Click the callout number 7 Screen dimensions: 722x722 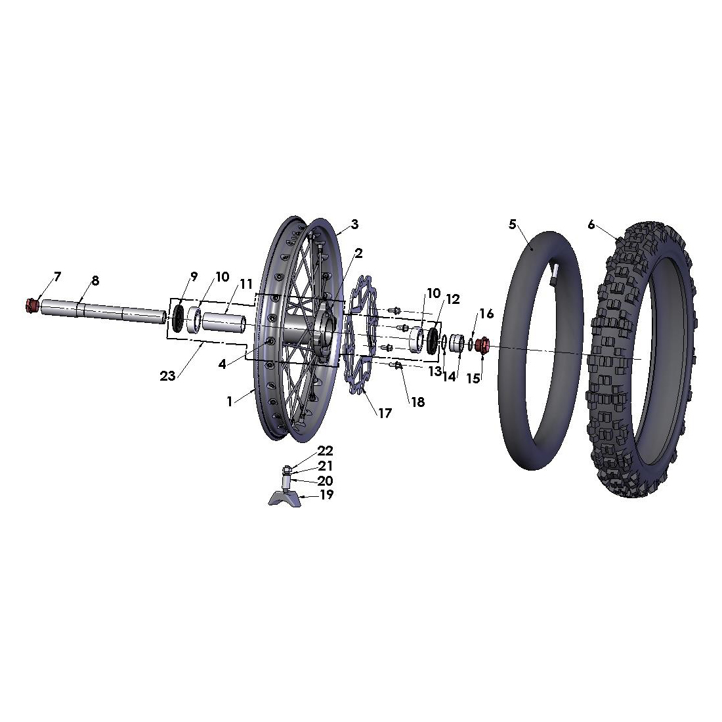pos(57,277)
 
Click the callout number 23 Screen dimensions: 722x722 pos(167,376)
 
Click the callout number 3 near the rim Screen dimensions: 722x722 pos(354,224)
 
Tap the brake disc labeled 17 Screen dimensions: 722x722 pos(362,335)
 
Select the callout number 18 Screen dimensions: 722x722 pos(417,402)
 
